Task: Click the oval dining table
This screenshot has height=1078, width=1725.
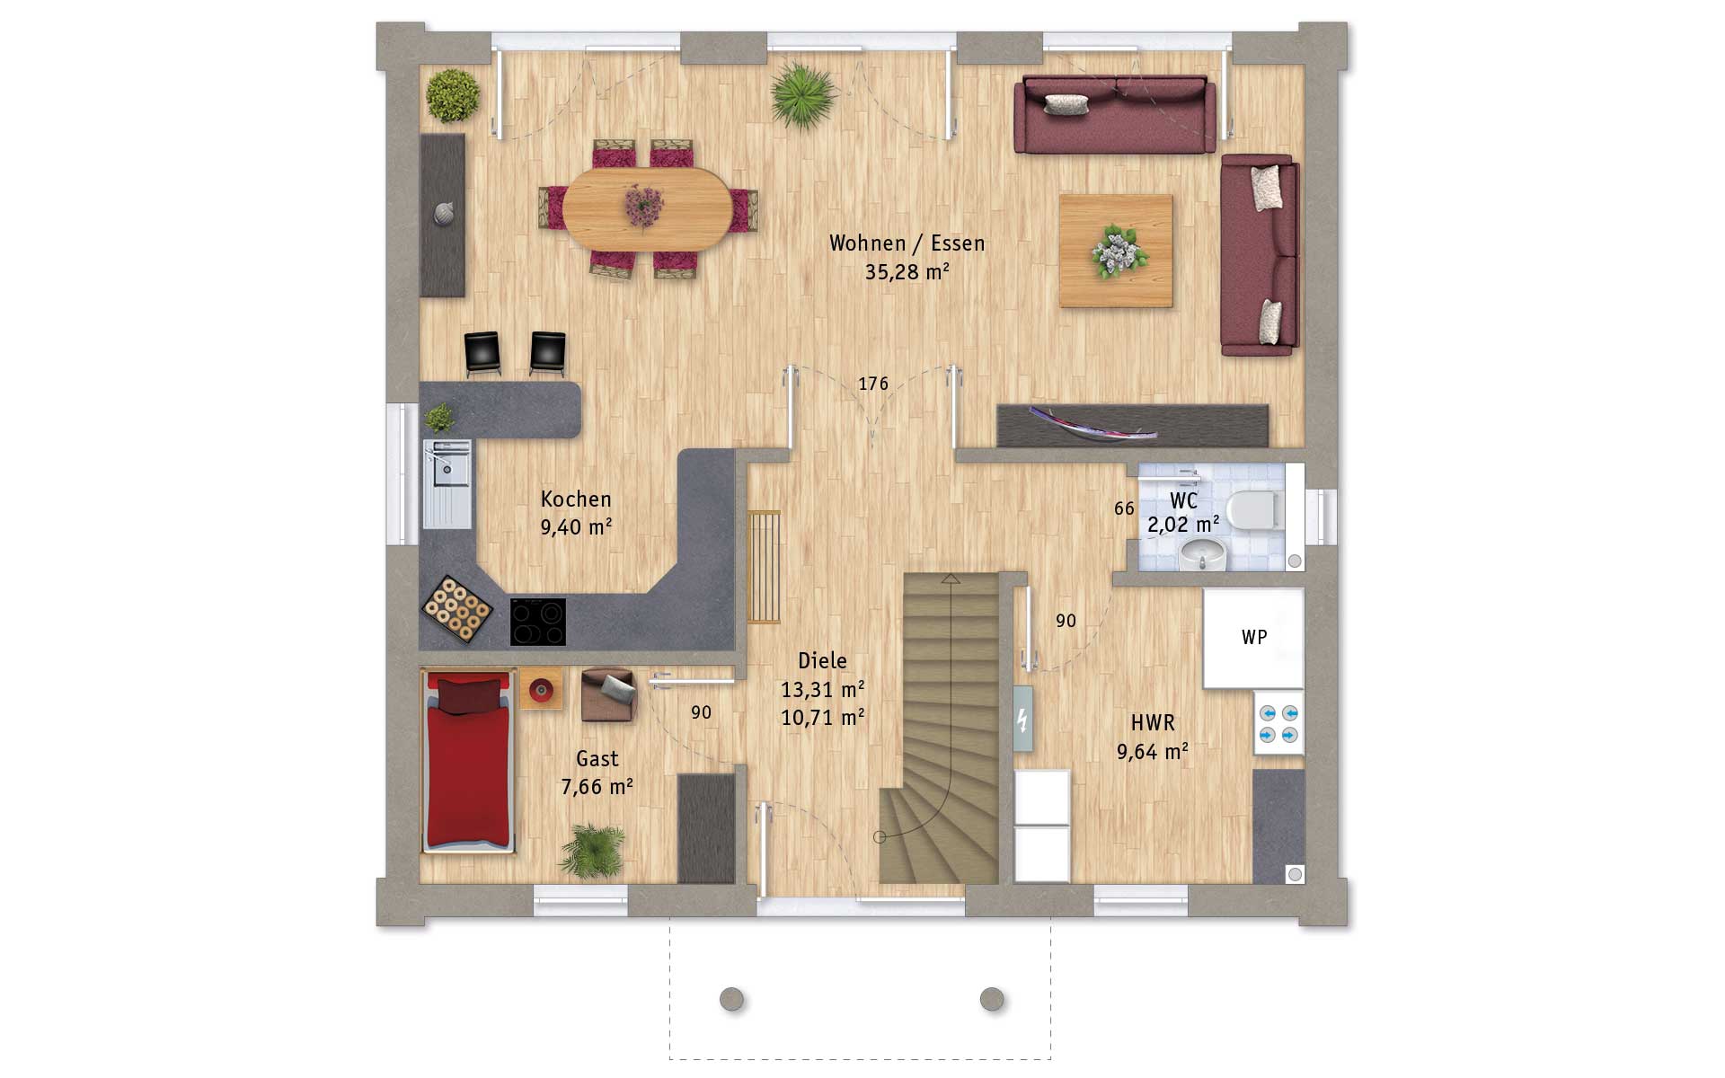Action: click(647, 208)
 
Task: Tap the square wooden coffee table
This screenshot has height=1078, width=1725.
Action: click(1116, 251)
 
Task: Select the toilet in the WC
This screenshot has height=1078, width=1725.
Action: click(1254, 511)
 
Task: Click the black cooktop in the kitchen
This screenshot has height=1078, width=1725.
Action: click(538, 622)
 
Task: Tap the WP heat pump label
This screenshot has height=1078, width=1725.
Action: click(1254, 637)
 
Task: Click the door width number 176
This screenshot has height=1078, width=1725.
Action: click(873, 384)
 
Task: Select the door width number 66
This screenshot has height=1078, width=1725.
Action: click(1124, 508)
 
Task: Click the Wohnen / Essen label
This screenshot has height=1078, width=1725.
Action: click(907, 243)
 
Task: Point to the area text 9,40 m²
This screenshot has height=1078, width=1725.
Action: click(576, 527)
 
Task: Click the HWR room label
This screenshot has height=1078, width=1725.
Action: click(1153, 722)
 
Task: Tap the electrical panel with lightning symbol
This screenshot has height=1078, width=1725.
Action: click(1022, 719)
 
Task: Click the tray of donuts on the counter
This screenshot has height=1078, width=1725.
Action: click(457, 608)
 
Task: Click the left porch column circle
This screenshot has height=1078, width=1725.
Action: click(732, 999)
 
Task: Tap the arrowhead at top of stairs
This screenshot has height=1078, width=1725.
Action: click(951, 579)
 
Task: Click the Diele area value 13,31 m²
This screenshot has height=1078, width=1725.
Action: click(822, 689)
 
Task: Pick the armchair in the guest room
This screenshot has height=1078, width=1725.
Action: click(608, 695)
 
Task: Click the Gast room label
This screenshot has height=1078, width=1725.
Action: click(597, 759)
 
